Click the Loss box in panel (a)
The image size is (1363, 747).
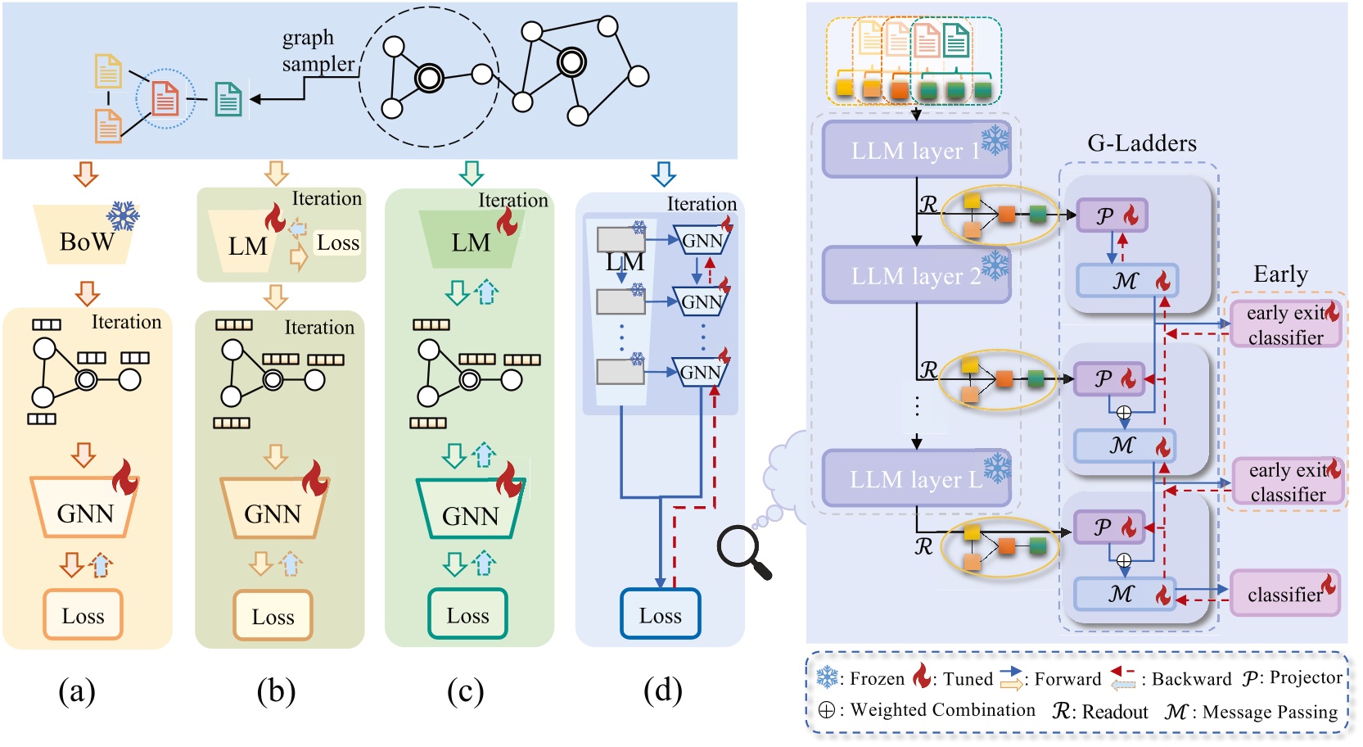(83, 615)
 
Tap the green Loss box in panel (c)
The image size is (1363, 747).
(467, 614)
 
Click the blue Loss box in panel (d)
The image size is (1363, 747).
(660, 614)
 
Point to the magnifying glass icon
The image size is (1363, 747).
(743, 551)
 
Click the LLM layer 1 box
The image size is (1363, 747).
(915, 150)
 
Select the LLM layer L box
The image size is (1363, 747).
(915, 478)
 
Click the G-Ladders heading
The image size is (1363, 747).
(1141, 143)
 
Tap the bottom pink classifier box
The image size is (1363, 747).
(1284, 594)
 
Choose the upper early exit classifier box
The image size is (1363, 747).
(1284, 324)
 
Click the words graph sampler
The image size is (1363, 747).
(318, 51)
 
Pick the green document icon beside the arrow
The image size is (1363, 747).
(228, 99)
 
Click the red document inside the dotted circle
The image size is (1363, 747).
(165, 99)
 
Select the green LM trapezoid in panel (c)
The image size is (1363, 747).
(471, 241)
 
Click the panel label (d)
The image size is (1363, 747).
(662, 690)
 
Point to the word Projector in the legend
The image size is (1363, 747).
(1305, 677)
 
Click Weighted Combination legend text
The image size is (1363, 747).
(942, 710)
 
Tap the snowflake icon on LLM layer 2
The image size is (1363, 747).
(995, 265)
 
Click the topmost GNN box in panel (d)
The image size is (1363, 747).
(702, 241)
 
